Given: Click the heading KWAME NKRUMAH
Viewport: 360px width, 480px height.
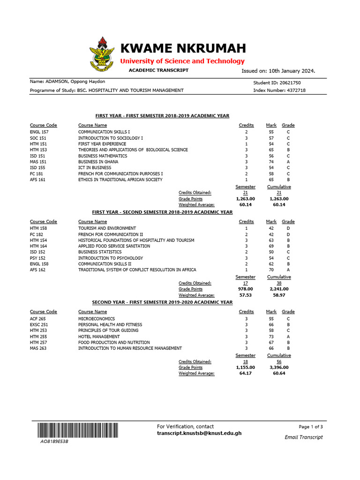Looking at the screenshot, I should tap(183, 48).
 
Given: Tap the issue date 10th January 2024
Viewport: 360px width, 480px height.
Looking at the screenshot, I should tap(291, 71).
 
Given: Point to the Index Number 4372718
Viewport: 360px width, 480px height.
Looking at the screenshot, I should tap(292, 90).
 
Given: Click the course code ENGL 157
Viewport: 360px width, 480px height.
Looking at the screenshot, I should tap(39, 132).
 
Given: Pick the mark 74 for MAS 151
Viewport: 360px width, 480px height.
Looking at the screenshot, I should tap(271, 162).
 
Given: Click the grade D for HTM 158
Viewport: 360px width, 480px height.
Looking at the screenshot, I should tap(288, 228).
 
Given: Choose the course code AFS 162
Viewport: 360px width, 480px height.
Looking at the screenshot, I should tap(37, 270).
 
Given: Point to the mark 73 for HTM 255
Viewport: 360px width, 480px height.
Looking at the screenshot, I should tap(271, 337).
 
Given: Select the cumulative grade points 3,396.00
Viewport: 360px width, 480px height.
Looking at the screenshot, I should tap(279, 367).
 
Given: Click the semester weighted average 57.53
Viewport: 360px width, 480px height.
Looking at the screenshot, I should tap(246, 295).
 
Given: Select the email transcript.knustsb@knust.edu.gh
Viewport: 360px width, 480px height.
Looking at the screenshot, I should tap(199, 434).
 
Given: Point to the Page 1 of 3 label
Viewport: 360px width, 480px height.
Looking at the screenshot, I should tap(310, 427).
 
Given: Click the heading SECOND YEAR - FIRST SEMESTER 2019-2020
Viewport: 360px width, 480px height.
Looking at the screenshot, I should tap(162, 302).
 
